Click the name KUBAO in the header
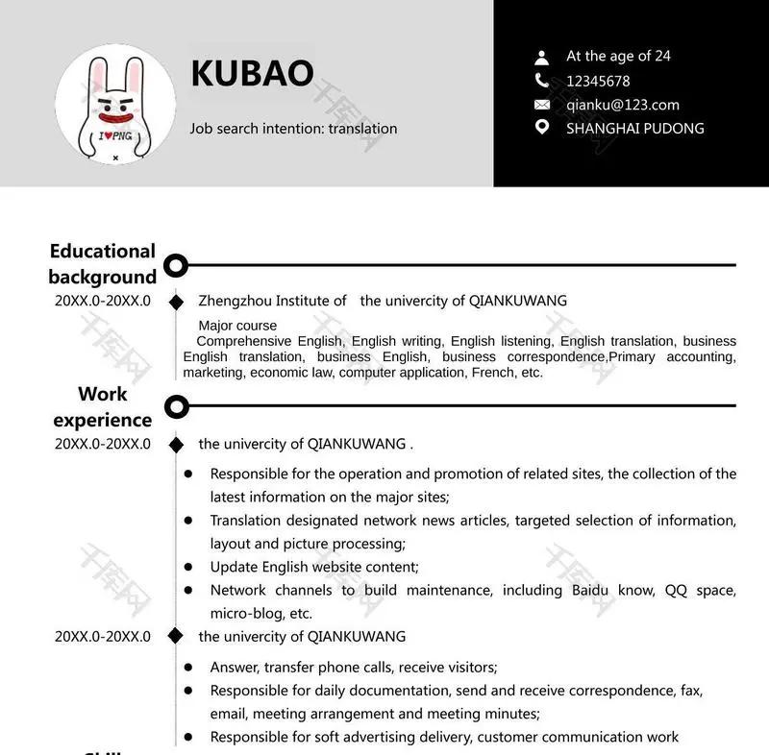pyautogui.click(x=252, y=74)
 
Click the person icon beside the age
pyautogui.click(x=542, y=57)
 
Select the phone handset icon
pyautogui.click(x=542, y=81)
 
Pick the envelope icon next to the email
pyautogui.click(x=542, y=105)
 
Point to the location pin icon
pyautogui.click(x=542, y=128)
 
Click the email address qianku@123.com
pyautogui.click(x=622, y=105)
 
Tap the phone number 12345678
pyautogui.click(x=598, y=81)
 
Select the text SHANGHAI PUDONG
pyautogui.click(x=634, y=128)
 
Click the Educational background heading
pyautogui.click(x=103, y=264)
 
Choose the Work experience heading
pyautogui.click(x=103, y=406)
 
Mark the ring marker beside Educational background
pyautogui.click(x=176, y=264)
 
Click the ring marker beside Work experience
pyautogui.click(x=176, y=406)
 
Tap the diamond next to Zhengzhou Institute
pyautogui.click(x=176, y=302)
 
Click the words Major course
pyautogui.click(x=237, y=326)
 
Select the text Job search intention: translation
pyautogui.click(x=293, y=128)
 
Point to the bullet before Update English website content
pyautogui.click(x=188, y=567)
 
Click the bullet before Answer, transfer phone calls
pyautogui.click(x=188, y=667)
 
